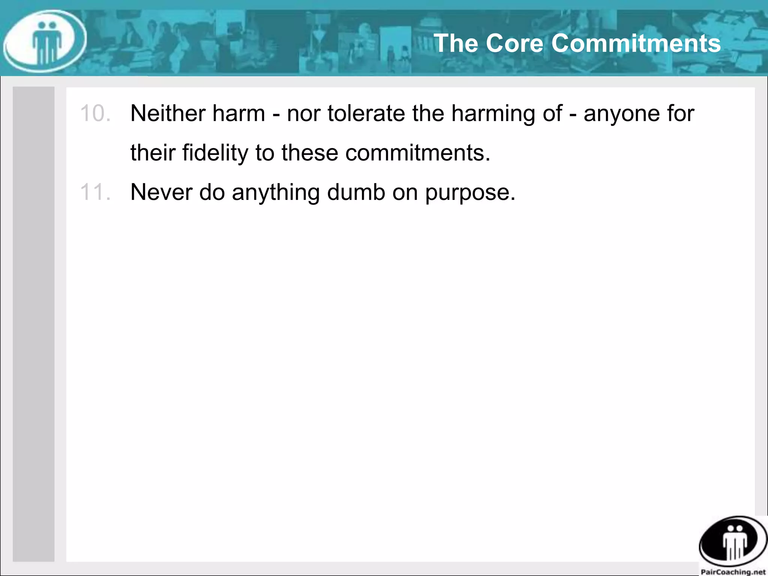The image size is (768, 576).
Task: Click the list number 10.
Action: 95,113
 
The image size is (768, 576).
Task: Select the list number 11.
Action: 95,192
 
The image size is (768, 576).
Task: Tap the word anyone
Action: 621,114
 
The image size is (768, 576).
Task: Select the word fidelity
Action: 215,153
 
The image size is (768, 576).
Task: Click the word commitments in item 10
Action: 417,153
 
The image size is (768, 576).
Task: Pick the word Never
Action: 161,192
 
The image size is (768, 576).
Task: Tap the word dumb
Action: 356,192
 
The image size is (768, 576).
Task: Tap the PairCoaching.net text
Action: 733,572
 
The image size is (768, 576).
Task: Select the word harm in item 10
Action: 238,113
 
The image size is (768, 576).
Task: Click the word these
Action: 310,153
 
